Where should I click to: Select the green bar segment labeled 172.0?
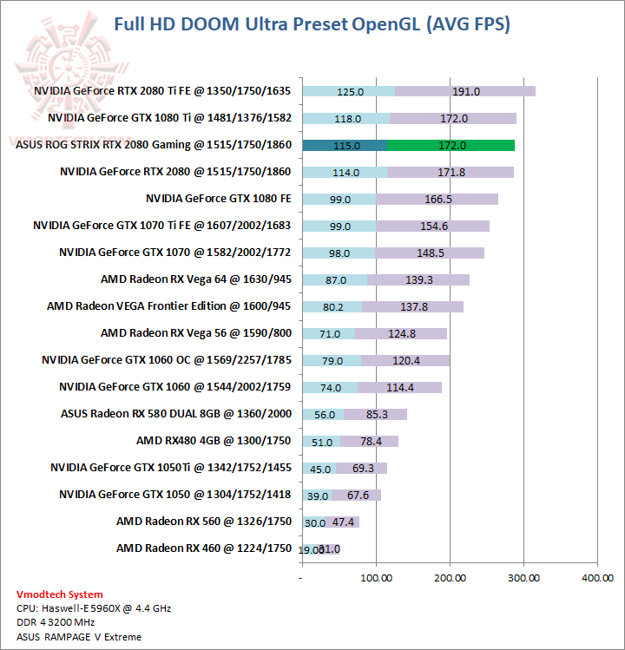[451, 145]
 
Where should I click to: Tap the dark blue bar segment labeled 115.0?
[345, 145]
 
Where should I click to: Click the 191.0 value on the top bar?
[466, 91]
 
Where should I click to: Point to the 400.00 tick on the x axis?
[597, 577]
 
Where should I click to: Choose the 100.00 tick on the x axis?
[376, 577]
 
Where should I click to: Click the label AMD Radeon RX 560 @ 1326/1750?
[204, 522]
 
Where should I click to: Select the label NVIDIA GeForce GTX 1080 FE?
[218, 199]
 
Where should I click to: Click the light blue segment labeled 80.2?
[332, 306]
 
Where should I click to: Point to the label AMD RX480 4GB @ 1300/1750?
[214, 441]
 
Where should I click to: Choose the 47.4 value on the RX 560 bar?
[344, 522]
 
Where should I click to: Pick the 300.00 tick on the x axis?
[523, 577]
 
